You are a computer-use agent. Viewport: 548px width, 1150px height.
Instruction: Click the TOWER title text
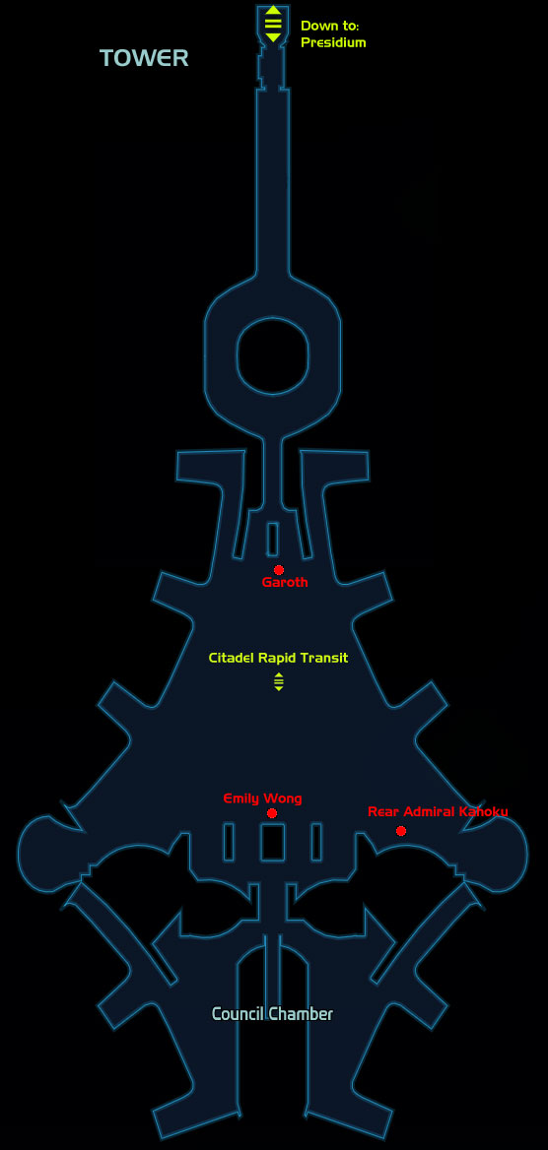pos(144,58)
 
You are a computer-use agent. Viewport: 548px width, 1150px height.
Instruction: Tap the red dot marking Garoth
pos(278,570)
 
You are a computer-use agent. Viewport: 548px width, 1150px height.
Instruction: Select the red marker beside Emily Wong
pos(272,813)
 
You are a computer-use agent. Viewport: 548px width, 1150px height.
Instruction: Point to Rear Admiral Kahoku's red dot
pos(401,831)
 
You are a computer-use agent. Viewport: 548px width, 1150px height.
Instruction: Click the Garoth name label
pos(285,582)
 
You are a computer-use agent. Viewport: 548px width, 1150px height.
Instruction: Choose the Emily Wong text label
pos(262,798)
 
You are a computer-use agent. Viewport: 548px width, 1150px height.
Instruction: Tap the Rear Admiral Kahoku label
pos(438,811)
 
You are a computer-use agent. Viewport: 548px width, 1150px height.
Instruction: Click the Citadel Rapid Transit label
pos(278,658)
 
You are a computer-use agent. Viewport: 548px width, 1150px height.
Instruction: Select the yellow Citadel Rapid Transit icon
pos(278,681)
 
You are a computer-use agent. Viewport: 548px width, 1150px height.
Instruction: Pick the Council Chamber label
pos(273,1014)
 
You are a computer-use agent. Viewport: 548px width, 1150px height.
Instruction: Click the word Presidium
pos(333,42)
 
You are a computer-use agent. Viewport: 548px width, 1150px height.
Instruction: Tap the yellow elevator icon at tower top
pos(273,24)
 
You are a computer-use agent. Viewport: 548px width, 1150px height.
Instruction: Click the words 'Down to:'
pos(330,26)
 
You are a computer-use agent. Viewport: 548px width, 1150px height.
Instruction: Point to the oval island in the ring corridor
pos(273,355)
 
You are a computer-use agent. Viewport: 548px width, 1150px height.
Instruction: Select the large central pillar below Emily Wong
pos(273,842)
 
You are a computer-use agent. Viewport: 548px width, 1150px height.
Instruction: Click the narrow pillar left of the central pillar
pos(230,842)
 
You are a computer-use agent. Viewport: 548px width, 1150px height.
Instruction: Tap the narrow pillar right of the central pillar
pos(315,842)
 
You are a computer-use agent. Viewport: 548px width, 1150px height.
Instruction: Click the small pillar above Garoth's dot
pos(273,540)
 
